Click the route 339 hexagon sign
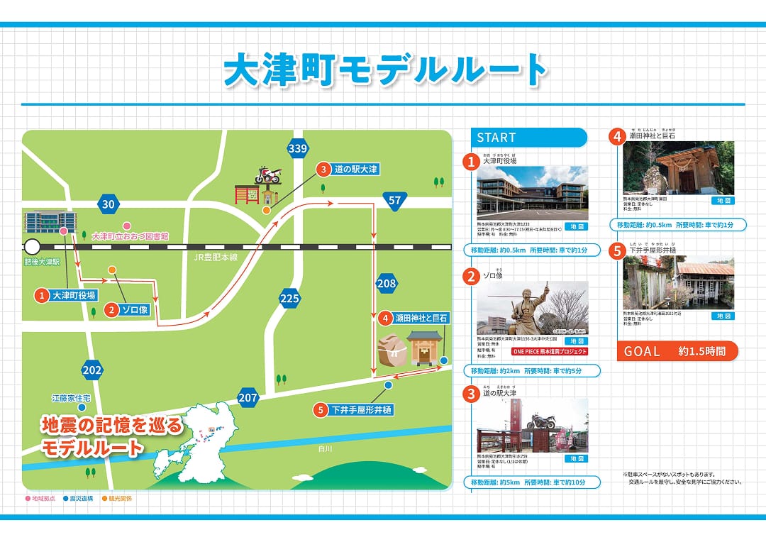tap(298, 148)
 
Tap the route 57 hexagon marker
tap(395, 201)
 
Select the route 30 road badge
tap(108, 204)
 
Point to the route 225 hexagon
tap(289, 299)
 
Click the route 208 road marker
tap(387, 284)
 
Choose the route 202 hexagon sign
tap(92, 370)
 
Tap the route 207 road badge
tap(248, 398)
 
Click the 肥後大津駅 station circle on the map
tap(32, 247)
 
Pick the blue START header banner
tap(529, 138)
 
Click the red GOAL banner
tap(677, 351)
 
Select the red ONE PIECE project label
tap(549, 351)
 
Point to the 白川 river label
tap(326, 448)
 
